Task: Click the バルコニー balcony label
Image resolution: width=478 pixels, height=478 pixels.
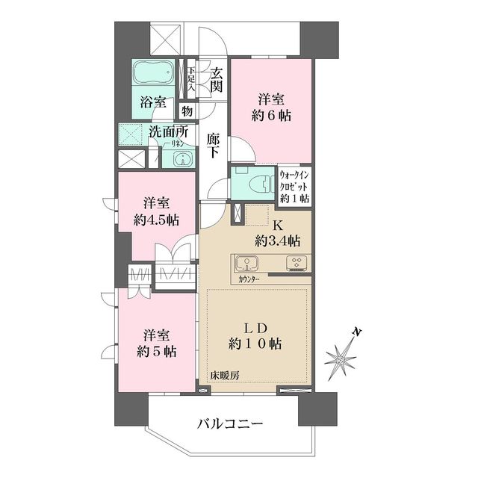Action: click(230, 423)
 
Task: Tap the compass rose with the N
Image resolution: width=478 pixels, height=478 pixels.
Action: click(342, 358)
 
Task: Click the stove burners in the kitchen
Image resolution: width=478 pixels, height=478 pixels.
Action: click(294, 263)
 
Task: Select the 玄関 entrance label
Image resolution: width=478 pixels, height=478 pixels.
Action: click(217, 80)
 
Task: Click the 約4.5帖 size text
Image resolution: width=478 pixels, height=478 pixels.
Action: click(157, 220)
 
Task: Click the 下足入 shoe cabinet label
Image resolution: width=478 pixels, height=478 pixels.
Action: click(191, 77)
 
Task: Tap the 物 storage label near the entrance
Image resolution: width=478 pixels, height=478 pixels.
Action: click(187, 111)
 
